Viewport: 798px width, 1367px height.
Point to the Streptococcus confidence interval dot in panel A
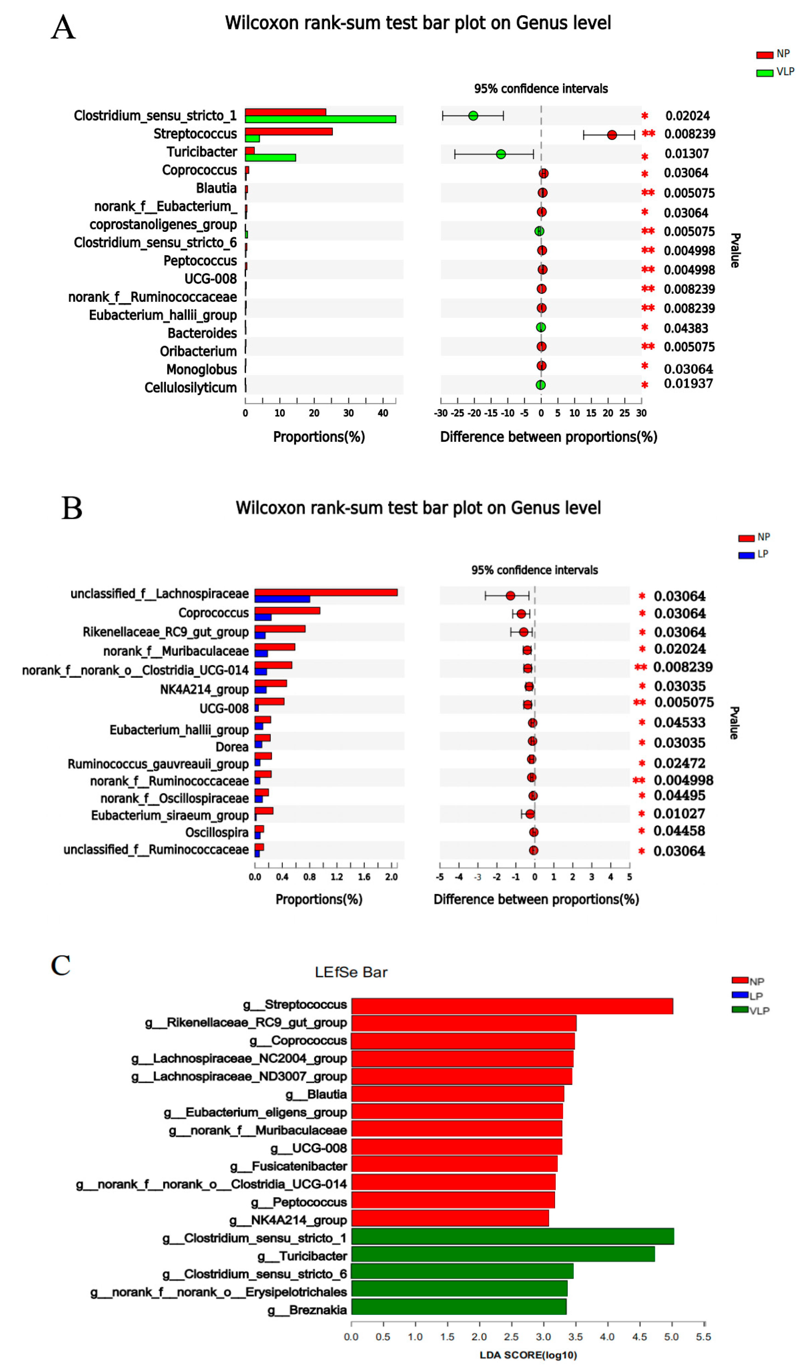(x=612, y=135)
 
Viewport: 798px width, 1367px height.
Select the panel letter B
(x=72, y=508)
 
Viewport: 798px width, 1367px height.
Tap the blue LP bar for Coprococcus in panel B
(x=263, y=617)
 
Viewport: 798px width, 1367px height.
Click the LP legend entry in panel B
(x=755, y=554)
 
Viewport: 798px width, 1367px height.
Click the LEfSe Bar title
(x=351, y=972)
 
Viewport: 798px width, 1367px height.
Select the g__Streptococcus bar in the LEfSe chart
(x=512, y=1006)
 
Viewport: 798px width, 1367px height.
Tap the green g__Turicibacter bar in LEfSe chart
(x=503, y=1254)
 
